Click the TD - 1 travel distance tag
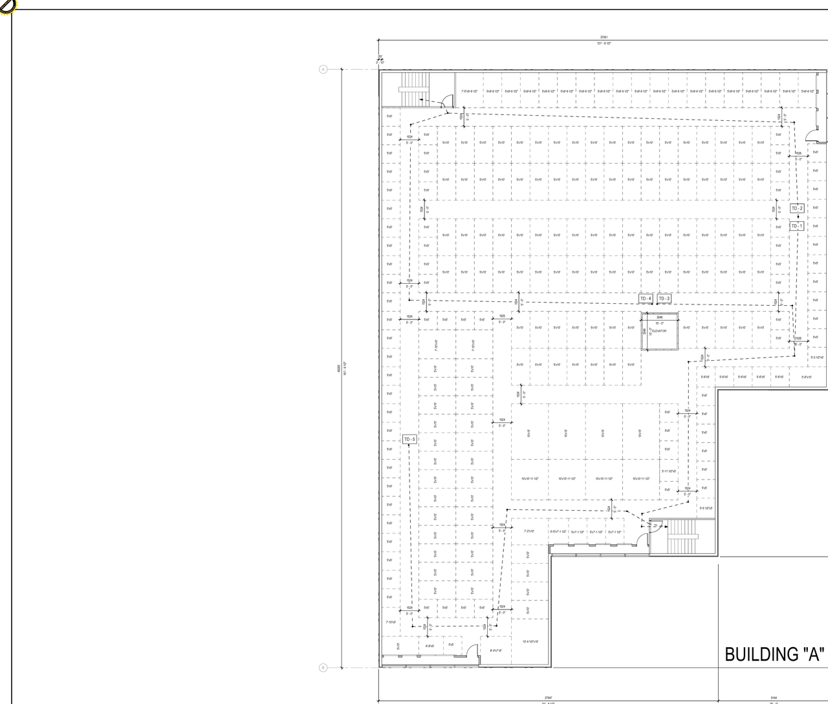[797, 226]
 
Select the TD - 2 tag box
[797, 208]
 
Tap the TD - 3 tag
[664, 299]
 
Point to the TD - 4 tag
[646, 299]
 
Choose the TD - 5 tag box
[409, 440]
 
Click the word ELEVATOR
[659, 331]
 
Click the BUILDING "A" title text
[775, 654]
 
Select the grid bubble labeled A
[323, 69]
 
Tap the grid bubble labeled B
[323, 668]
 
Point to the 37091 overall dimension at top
[604, 37]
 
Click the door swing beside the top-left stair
[446, 100]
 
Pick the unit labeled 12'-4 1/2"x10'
[530, 642]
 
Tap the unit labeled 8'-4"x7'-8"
[496, 651]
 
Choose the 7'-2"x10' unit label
[529, 531]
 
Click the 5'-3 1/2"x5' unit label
[816, 357]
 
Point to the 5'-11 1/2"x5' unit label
[669, 471]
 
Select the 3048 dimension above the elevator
[659, 317]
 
